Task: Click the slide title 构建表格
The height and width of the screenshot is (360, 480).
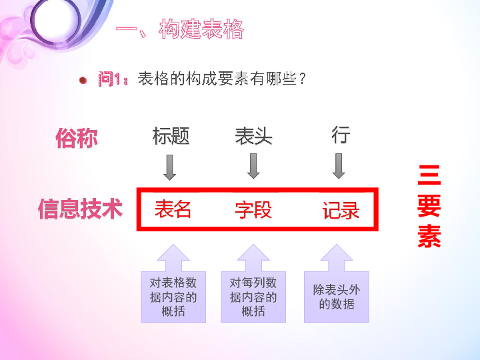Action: point(201,29)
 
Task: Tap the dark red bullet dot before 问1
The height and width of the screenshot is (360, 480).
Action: point(83,80)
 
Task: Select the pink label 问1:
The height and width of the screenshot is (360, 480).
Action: point(113,79)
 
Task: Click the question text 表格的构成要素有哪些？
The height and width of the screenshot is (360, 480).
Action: point(222,79)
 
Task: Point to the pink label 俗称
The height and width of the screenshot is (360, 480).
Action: point(77,138)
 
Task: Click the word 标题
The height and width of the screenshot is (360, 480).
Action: point(171,135)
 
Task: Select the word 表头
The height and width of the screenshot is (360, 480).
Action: point(253,135)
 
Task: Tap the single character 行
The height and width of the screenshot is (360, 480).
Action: point(341,135)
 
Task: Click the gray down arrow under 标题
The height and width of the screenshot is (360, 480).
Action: point(169,167)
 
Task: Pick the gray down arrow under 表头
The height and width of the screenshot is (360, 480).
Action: point(253,166)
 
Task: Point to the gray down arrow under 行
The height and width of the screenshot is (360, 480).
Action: point(339,166)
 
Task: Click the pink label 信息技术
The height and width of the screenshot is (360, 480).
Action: point(80,209)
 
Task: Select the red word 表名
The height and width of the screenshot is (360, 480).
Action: point(173,209)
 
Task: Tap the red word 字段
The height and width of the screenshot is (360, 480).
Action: point(253,210)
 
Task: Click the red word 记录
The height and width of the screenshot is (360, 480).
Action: point(341,210)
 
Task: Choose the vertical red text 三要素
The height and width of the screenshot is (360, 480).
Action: point(429,206)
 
